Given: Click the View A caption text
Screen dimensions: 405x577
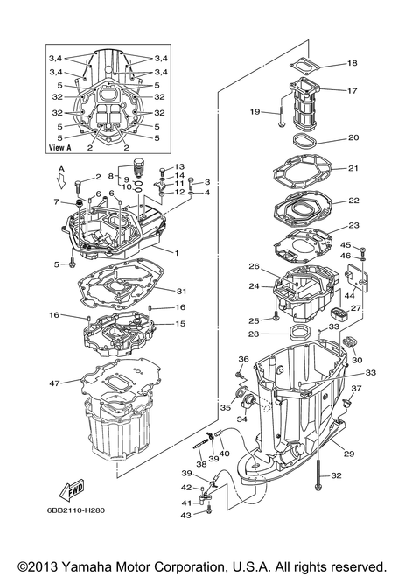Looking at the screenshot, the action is coord(59,148).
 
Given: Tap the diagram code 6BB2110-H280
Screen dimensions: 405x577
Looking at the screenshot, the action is coord(73,510).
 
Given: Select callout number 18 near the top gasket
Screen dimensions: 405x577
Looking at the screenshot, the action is coord(352,63).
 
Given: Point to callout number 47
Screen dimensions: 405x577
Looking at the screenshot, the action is coord(54,383).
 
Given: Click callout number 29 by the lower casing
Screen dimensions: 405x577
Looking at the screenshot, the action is coord(349,454).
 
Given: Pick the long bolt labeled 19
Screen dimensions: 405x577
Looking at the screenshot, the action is coord(281,116).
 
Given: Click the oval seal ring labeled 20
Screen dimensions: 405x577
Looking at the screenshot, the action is coord(304,141).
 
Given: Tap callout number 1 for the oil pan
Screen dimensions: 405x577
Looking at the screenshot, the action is coord(177,253).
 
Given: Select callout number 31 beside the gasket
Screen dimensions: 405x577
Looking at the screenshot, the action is coord(182,292).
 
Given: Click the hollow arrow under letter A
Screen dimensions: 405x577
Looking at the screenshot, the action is coord(62,182).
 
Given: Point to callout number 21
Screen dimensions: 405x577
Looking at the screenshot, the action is coord(353,168).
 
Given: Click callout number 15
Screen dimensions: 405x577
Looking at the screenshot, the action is coord(180,324).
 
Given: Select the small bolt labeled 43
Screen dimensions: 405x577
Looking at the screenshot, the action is coord(209,510).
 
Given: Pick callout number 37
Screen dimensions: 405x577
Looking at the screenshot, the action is coord(356,388).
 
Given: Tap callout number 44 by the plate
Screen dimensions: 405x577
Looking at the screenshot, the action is coord(349,295).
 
